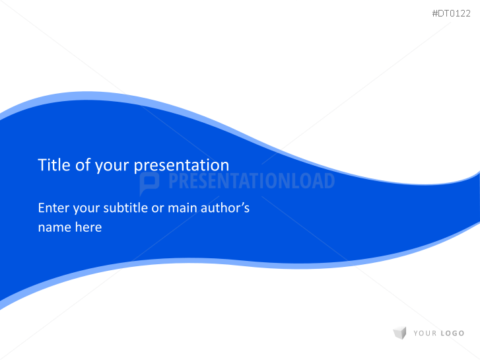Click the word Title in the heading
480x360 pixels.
pyautogui.click(x=53, y=165)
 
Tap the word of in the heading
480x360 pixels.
pyautogui.click(x=83, y=165)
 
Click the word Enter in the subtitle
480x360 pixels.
pyautogui.click(x=53, y=208)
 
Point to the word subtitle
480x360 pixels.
pyautogui.click(x=123, y=208)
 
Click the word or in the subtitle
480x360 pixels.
pyautogui.click(x=157, y=209)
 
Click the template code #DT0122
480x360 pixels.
pyautogui.click(x=451, y=13)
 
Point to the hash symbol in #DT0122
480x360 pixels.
pyautogui.click(x=434, y=13)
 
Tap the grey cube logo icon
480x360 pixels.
pyautogui.click(x=399, y=333)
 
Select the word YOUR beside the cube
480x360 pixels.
pyautogui.click(x=425, y=334)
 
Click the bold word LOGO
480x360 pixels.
pyautogui.click(x=452, y=334)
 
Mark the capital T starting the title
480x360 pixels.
pyautogui.click(x=42, y=165)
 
